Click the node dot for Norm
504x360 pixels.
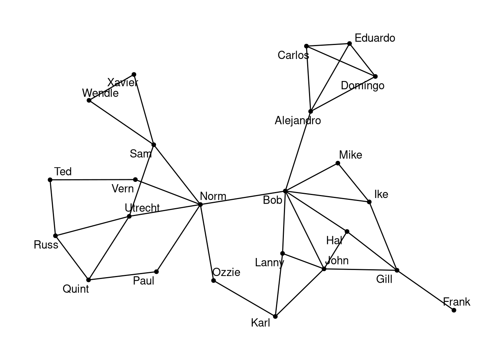pos(200,204)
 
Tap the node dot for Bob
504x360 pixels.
pos(285,191)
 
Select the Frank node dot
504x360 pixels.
pos(454,310)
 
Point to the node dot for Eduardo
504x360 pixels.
pos(349,43)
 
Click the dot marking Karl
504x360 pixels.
pos(275,316)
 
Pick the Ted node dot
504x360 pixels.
pos(50,180)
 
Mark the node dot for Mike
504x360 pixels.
pos(338,163)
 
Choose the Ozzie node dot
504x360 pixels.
pos(213,280)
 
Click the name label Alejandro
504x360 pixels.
pos(298,121)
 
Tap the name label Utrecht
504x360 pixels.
pos(142,208)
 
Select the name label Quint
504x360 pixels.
pos(76,289)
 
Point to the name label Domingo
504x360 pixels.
pos(363,86)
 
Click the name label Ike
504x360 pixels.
pos(381,194)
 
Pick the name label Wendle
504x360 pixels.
pos(100,93)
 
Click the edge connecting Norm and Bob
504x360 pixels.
pos(243,198)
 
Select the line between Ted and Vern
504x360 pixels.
pos(93,180)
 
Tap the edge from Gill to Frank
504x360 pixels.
pos(425,290)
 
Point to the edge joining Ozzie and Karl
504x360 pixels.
pos(244,298)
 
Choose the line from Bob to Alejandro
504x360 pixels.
pos(298,151)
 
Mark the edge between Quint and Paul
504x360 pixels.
pos(122,276)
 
